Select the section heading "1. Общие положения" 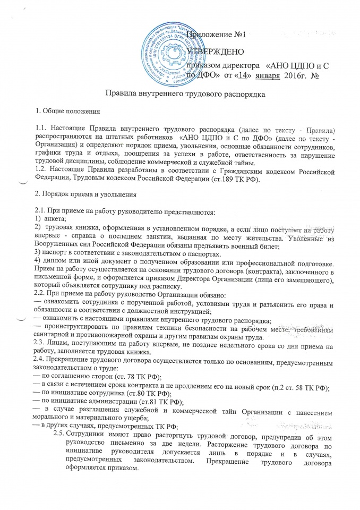click(x=63, y=112)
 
